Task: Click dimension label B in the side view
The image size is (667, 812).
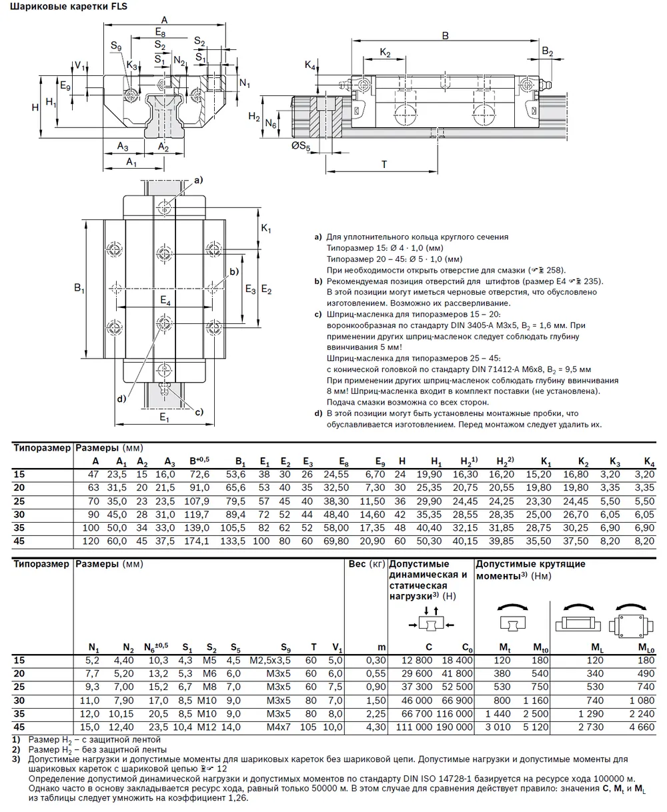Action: pos(446,35)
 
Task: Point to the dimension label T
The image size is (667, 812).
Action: pos(384,163)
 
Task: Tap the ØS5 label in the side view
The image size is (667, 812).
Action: pos(302,148)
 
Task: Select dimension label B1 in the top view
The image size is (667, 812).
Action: pos(79,289)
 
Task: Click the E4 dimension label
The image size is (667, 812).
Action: pos(164,303)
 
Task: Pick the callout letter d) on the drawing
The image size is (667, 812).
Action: pos(121,399)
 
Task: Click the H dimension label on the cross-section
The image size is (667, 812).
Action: pos(35,107)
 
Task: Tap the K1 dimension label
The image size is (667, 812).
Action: pos(266,229)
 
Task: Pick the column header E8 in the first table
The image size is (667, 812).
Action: pos(344,461)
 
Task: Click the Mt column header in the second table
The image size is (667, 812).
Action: pos(505,647)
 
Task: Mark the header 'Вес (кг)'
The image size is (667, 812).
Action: pos(366,564)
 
